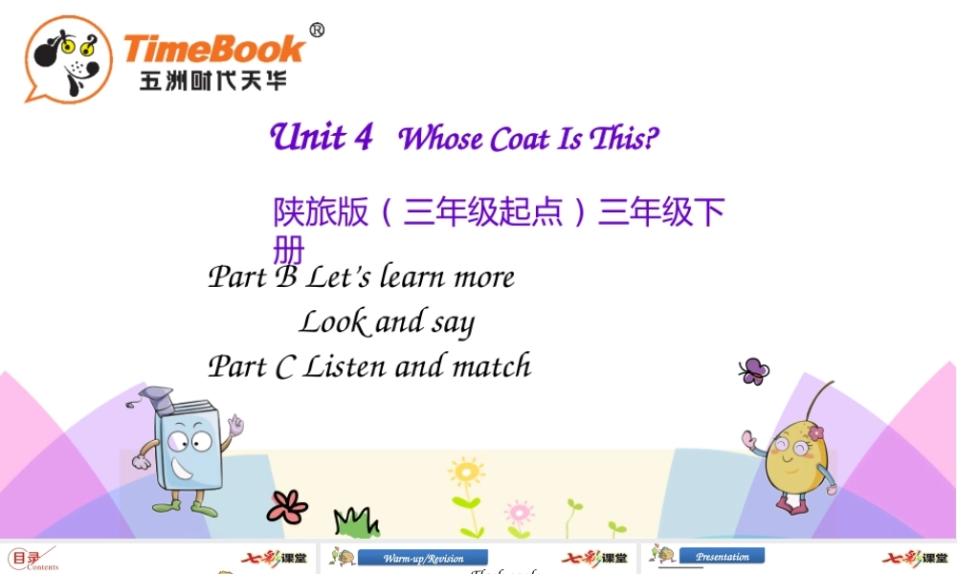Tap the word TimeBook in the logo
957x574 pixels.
(214, 48)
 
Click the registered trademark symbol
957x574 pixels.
(317, 30)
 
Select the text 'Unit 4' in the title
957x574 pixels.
(322, 137)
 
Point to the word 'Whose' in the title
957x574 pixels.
(440, 140)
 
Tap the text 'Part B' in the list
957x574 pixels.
(253, 277)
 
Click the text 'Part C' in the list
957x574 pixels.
(251, 366)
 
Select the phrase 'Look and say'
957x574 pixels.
(387, 322)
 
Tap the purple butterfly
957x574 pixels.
(753, 370)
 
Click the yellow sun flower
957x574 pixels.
(466, 473)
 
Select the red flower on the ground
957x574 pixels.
(287, 506)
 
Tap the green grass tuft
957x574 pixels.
(356, 522)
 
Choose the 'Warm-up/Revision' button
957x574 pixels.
(422, 558)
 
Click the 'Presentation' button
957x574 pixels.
(723, 556)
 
